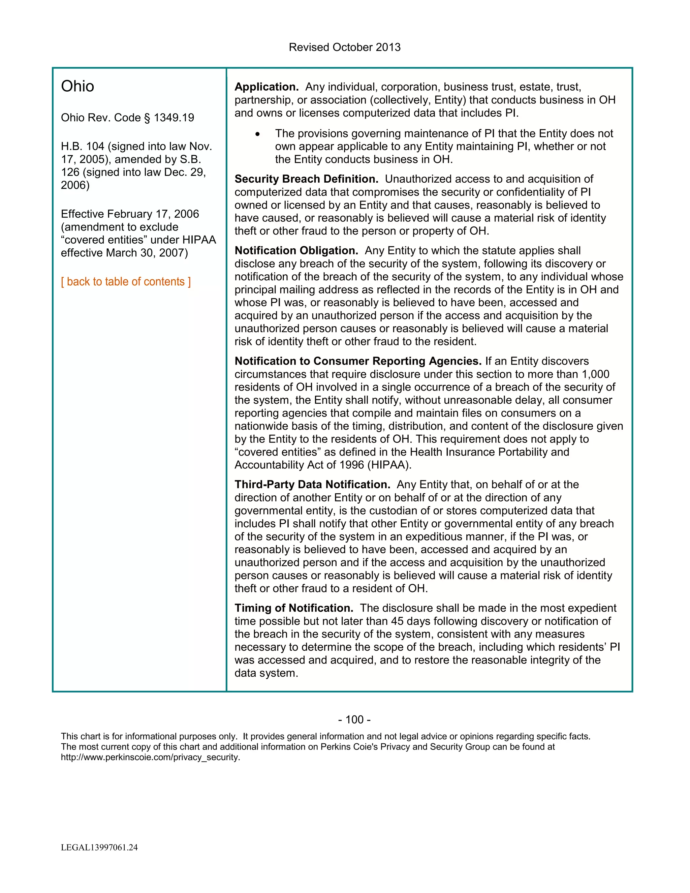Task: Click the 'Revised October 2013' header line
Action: (344, 48)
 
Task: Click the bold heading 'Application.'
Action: (266, 87)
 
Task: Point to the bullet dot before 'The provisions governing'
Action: (257, 134)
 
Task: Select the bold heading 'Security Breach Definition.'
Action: (306, 179)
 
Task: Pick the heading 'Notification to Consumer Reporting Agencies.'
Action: (358, 361)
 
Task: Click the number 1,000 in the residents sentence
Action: (595, 374)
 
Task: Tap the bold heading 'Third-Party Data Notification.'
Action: (312, 485)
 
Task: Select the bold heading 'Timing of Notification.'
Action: (294, 608)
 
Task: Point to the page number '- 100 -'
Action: (354, 720)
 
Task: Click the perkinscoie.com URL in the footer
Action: (150, 757)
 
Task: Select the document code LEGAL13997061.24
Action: (99, 847)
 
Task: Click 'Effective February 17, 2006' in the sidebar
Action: (130, 214)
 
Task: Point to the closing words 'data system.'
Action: (266, 673)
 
